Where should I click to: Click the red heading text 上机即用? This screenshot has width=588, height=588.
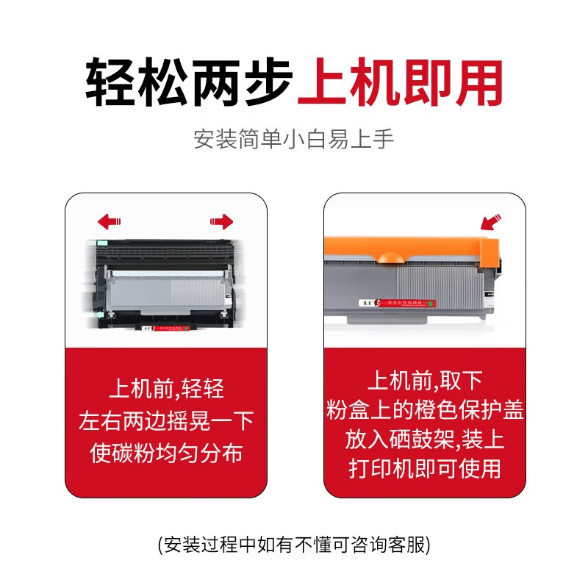click(x=401, y=82)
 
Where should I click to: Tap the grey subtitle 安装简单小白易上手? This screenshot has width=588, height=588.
click(x=294, y=139)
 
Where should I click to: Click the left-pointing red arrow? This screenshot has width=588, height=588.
click(x=109, y=221)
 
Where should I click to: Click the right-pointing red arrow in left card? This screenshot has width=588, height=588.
click(x=221, y=221)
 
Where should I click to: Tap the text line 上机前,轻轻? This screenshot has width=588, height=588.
click(x=166, y=388)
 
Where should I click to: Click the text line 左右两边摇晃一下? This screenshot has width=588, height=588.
click(x=166, y=420)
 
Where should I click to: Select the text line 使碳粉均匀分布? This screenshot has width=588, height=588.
click(x=166, y=453)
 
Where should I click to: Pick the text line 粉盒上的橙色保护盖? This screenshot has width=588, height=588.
click(x=425, y=410)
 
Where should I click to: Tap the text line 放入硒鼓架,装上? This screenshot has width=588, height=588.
click(x=425, y=440)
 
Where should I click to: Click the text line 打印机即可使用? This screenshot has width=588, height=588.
click(x=425, y=469)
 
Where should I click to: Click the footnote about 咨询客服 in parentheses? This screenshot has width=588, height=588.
click(x=294, y=545)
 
